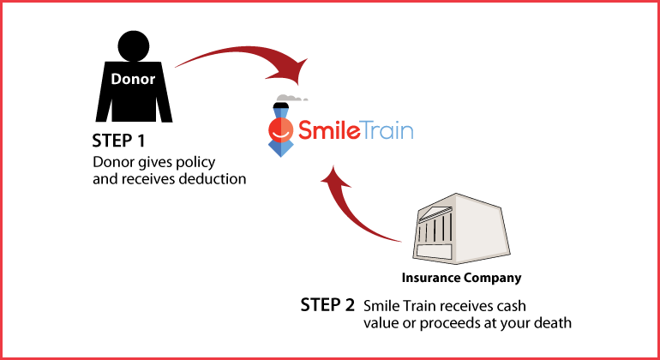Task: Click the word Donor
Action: point(133,79)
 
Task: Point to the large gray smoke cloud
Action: point(288,97)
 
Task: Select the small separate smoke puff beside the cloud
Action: point(306,99)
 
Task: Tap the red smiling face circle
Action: point(279,131)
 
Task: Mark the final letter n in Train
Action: point(407,133)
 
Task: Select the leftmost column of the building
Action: point(423,233)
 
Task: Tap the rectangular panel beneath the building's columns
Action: point(434,249)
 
